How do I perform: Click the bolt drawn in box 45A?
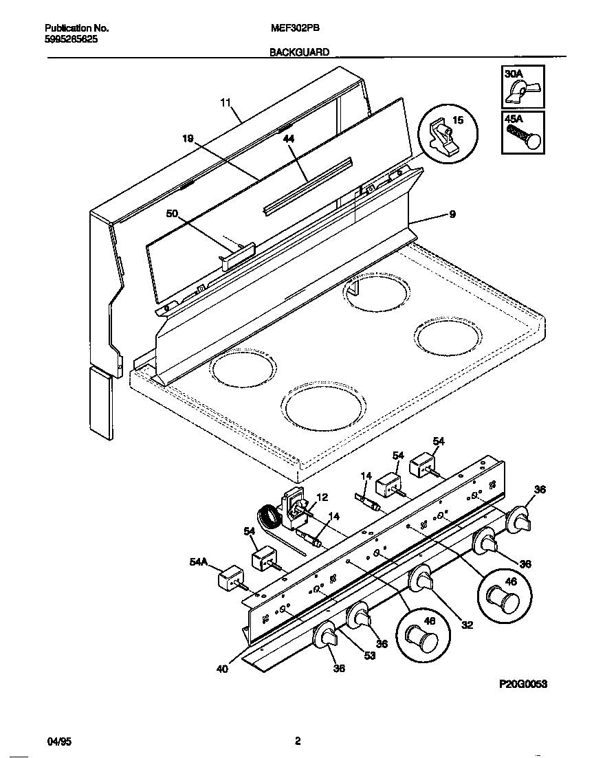(525, 138)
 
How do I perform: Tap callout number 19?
(188, 138)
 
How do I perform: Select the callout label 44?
(288, 138)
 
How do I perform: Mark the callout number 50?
(172, 214)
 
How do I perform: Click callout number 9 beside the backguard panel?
(452, 214)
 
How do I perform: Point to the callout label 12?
(322, 497)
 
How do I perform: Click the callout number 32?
(467, 625)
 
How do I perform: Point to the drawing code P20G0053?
(522, 685)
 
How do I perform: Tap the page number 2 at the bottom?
(297, 741)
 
